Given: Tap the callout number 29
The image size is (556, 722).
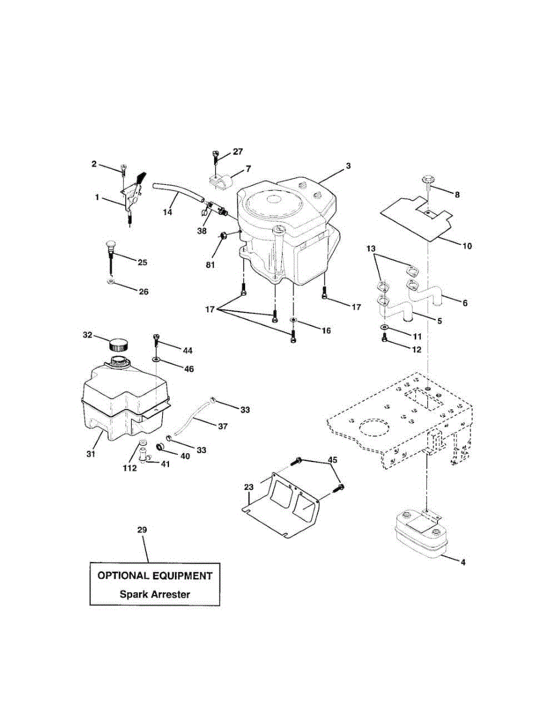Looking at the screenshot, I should (142, 529).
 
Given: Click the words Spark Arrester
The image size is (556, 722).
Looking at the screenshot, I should (154, 594).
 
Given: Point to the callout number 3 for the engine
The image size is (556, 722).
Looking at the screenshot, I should (348, 165).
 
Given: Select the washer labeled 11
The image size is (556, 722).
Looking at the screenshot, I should (383, 327).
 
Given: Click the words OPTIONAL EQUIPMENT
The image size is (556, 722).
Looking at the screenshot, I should (154, 575).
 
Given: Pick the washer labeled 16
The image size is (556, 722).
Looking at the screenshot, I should (293, 320).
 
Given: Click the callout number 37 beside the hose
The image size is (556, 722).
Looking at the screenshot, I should (223, 426).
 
